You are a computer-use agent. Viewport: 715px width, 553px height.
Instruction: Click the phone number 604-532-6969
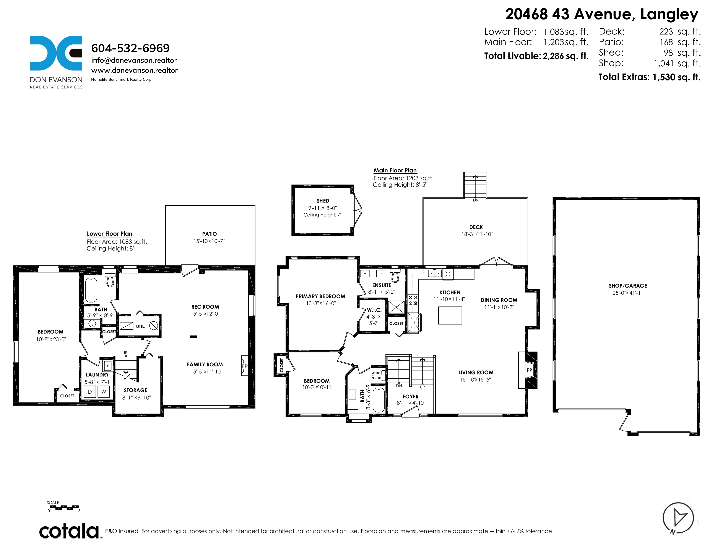[130, 48]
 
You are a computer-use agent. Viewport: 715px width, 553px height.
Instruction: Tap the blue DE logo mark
[56, 53]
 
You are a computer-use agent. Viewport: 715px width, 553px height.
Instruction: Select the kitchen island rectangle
[450, 316]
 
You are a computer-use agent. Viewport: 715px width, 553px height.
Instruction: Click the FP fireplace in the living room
[529, 370]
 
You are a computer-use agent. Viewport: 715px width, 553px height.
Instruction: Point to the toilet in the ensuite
[395, 275]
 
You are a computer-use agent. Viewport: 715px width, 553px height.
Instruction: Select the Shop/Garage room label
[628, 286]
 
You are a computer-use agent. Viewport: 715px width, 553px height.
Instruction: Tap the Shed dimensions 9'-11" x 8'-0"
[322, 208]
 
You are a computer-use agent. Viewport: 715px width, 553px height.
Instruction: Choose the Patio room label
[210, 234]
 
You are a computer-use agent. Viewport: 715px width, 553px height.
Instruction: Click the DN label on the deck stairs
[476, 200]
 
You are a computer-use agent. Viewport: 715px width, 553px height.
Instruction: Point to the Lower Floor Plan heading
[110, 234]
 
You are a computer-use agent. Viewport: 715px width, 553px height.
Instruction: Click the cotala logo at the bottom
[69, 531]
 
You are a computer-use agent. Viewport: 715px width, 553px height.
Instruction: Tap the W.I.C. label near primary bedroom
[374, 310]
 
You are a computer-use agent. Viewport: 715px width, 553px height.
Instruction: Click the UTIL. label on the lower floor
[140, 326]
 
